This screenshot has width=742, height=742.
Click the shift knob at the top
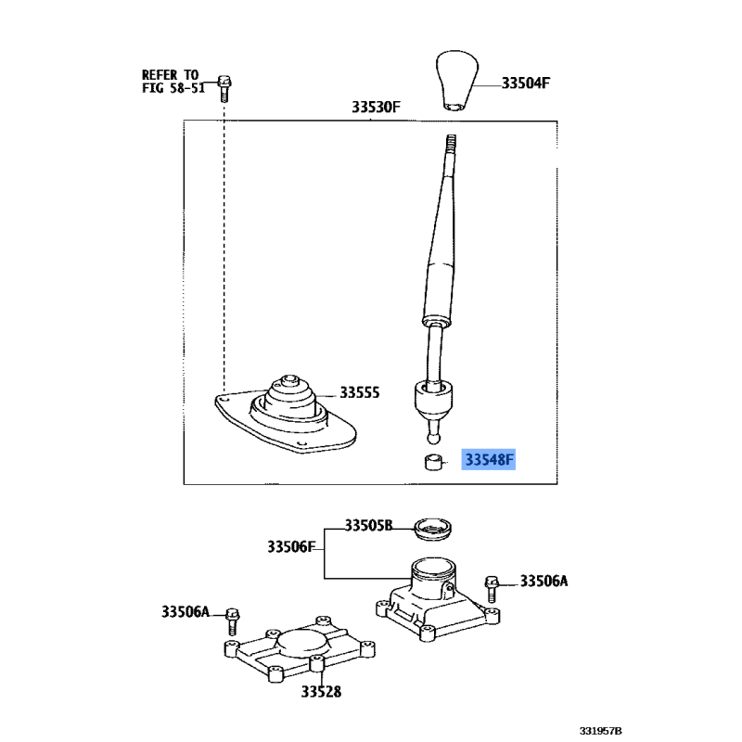(x=456, y=81)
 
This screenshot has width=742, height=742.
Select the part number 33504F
(x=525, y=83)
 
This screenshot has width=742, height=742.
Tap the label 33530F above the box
(x=376, y=107)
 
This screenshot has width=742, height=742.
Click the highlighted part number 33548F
(x=489, y=459)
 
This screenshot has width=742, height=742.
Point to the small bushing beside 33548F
(x=434, y=461)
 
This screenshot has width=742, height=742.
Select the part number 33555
(x=359, y=392)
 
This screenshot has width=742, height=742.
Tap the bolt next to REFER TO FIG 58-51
(x=224, y=88)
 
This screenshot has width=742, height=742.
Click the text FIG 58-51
(x=173, y=88)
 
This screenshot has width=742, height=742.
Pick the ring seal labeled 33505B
(x=432, y=529)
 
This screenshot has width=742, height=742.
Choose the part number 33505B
(x=368, y=526)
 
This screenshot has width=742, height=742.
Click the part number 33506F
(x=290, y=546)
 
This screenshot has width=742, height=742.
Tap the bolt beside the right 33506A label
(x=492, y=589)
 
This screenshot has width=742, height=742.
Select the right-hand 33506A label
(x=544, y=582)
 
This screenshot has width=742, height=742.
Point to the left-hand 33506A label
(x=185, y=612)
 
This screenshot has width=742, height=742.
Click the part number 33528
(x=321, y=692)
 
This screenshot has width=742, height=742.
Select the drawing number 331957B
(x=600, y=731)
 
